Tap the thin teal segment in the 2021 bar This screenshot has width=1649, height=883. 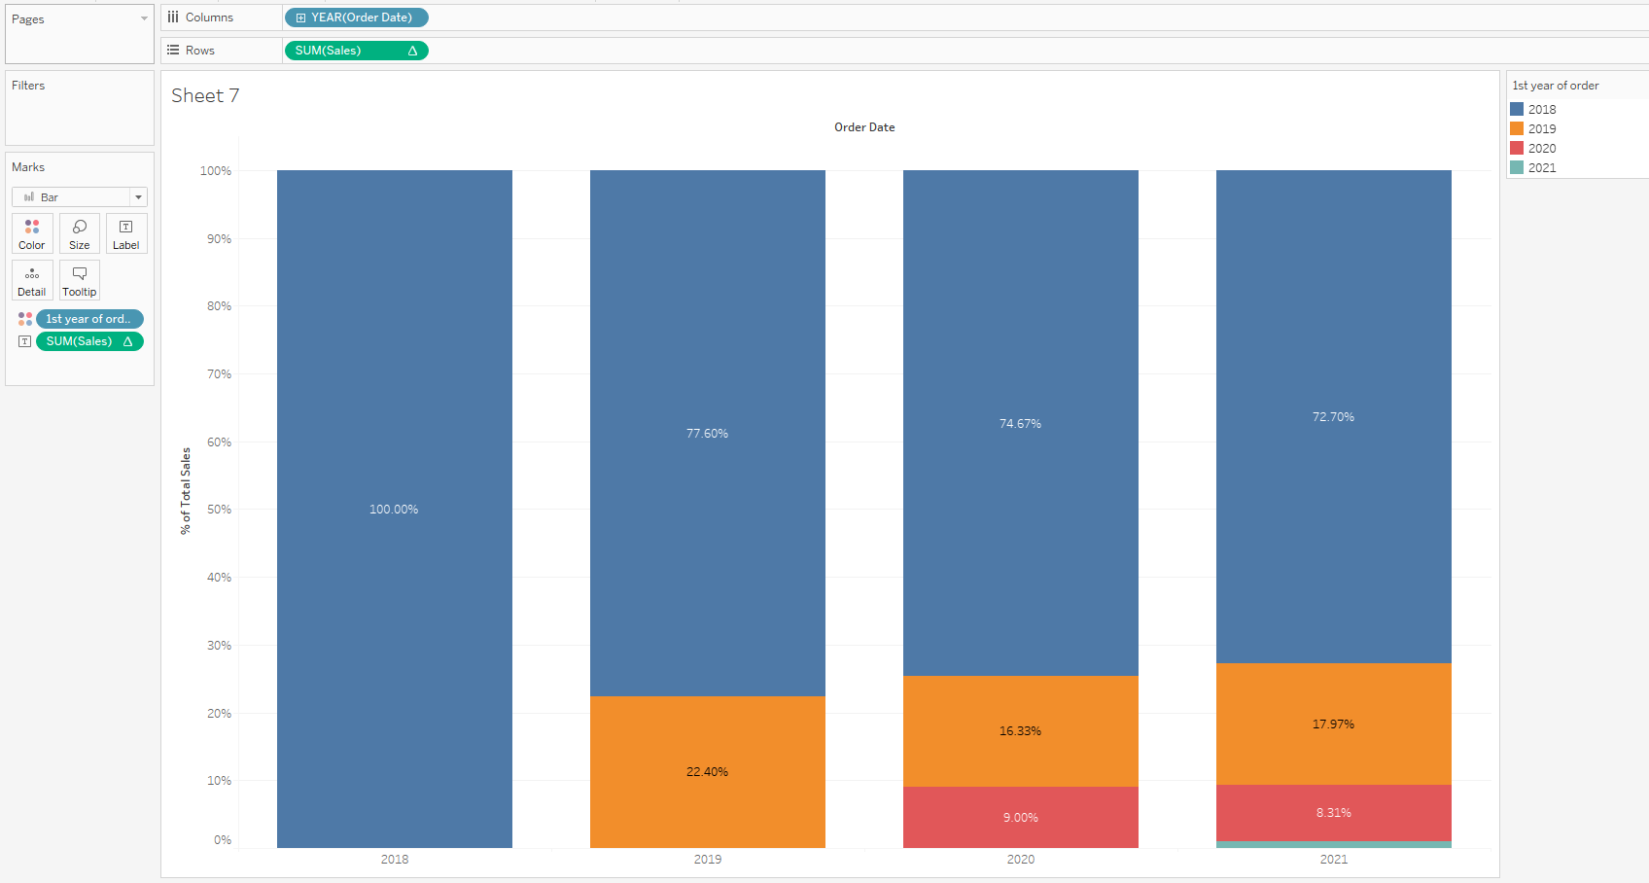[1333, 844]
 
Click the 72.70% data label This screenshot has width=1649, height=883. [1333, 417]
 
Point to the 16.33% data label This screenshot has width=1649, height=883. [1020, 731]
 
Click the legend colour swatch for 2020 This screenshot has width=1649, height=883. [1517, 148]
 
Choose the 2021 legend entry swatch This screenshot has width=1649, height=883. [1517, 167]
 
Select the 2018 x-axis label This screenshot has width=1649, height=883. [395, 860]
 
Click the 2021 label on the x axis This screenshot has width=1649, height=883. [1333, 860]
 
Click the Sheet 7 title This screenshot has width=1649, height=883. [205, 95]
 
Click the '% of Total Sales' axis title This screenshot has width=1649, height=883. [186, 491]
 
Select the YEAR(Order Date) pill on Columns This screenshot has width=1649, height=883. [357, 18]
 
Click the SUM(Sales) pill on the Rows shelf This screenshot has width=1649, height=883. [356, 51]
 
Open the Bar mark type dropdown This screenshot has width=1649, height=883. [80, 197]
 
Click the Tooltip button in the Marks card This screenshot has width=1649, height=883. [80, 280]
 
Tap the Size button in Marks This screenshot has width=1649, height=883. [80, 233]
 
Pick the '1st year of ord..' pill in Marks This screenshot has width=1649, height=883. [89, 319]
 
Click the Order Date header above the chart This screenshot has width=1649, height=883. [864, 127]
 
